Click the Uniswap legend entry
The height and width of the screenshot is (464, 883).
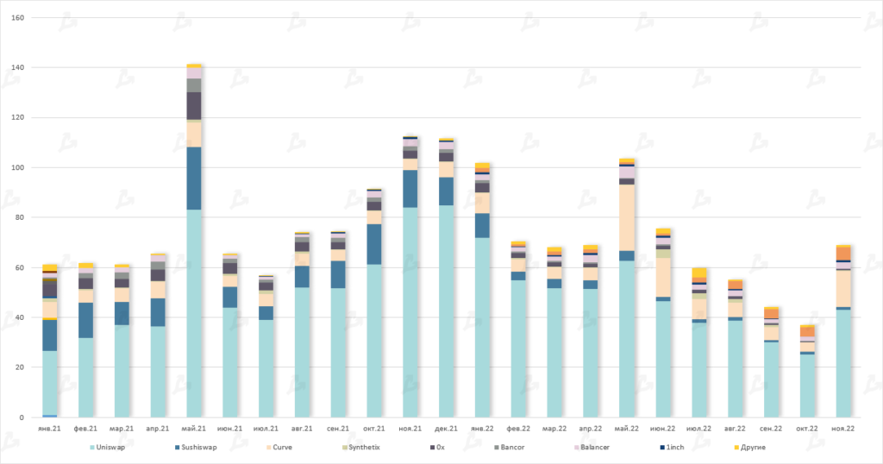click(110, 448)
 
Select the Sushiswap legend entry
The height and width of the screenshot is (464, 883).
click(200, 448)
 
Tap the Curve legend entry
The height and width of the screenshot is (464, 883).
click(287, 448)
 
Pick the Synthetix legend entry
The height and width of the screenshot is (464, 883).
click(363, 448)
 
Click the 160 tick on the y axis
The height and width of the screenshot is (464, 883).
click(17, 18)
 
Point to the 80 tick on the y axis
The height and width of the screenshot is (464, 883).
click(20, 218)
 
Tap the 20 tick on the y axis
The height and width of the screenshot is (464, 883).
click(20, 368)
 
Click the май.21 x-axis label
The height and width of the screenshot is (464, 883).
click(194, 429)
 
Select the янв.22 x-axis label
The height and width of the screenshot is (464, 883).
click(481, 429)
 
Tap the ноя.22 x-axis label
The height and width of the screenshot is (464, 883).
click(842, 429)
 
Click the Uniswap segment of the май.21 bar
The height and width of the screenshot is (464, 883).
click(194, 310)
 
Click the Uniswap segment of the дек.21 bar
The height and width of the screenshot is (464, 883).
click(446, 310)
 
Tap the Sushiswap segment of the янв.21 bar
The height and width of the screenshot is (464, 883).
click(50, 335)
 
